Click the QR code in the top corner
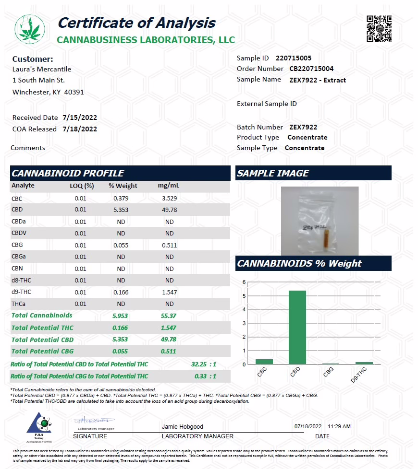pos(379,29)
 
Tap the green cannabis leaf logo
pos(30,29)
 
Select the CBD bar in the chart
pos(296,327)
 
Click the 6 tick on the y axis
pos(244,282)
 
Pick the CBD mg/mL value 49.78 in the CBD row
pos(169,210)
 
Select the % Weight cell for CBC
pos(121,199)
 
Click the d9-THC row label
pos(21,292)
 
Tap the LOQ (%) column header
pos(82,186)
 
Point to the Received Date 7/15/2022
pos(80,117)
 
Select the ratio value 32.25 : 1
pos(204,364)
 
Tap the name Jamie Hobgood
pos(183,427)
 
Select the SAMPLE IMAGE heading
pos(273,173)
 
